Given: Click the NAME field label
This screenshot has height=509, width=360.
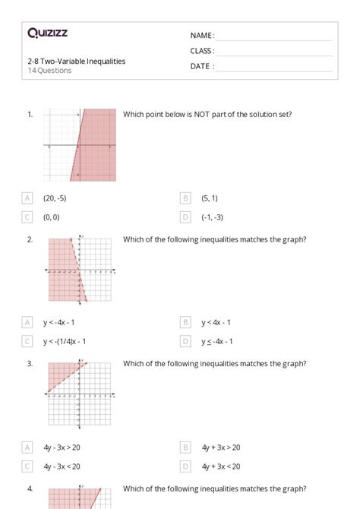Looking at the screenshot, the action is pyautogui.click(x=202, y=36).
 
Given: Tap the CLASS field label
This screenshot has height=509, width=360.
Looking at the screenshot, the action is pyautogui.click(x=202, y=51).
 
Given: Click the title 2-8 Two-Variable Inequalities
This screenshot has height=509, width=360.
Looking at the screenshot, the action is pyautogui.click(x=76, y=61).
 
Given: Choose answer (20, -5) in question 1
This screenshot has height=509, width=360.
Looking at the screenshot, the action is pyautogui.click(x=55, y=198).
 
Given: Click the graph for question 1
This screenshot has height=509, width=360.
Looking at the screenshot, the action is pyautogui.click(x=79, y=144).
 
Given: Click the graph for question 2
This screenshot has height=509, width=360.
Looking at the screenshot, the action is pyautogui.click(x=79, y=270).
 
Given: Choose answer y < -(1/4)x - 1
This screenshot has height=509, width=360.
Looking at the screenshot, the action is pyautogui.click(x=65, y=341).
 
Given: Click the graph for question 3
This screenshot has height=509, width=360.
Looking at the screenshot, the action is pyautogui.click(x=79, y=394).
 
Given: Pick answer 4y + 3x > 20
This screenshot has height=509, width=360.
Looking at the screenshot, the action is pyautogui.click(x=221, y=447).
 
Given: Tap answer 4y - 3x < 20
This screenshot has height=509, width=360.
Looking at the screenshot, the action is pyautogui.click(x=62, y=466).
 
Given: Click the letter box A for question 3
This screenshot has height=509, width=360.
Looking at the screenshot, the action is pyautogui.click(x=28, y=447).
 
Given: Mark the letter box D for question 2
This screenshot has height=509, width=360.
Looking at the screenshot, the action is pyautogui.click(x=185, y=341).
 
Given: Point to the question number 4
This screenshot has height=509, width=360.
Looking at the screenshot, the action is pyautogui.click(x=30, y=488).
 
